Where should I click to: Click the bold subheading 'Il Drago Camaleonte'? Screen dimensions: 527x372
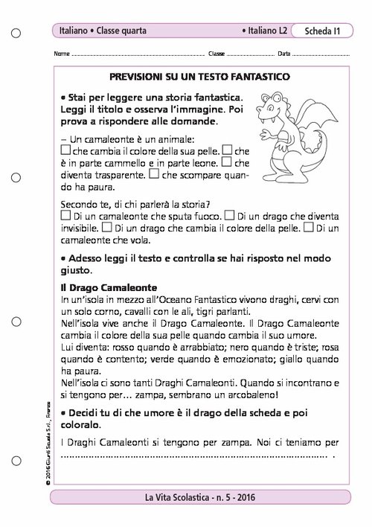97,287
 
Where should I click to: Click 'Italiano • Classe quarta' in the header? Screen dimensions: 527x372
104,31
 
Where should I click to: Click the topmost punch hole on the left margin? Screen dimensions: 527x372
16,33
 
